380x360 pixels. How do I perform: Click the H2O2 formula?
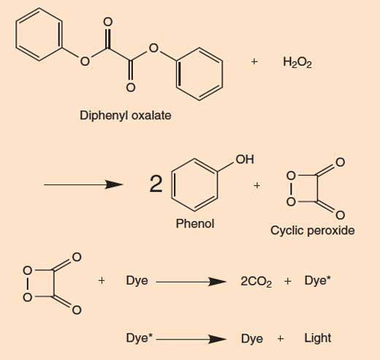[x=297, y=62]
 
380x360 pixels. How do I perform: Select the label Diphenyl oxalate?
[x=126, y=116]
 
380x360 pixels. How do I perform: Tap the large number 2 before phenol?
[x=156, y=184]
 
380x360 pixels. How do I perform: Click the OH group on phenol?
[x=245, y=160]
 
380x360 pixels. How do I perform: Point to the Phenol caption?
[x=195, y=223]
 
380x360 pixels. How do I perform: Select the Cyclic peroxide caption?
[x=313, y=230]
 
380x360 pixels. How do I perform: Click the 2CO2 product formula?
[x=256, y=282]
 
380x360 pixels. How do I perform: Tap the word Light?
[x=318, y=338]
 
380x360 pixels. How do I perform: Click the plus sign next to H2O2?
[x=254, y=61]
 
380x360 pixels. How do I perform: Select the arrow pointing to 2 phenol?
[x=83, y=184]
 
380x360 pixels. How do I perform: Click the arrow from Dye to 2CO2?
[x=191, y=282]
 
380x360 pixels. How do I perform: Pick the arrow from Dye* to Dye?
[x=191, y=339]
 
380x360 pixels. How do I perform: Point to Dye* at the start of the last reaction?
[x=139, y=339]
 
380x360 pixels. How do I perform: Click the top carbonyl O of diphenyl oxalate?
[x=107, y=22]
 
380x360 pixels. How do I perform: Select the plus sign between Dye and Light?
[x=281, y=339]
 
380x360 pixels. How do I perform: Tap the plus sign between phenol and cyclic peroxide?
[x=256, y=186]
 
